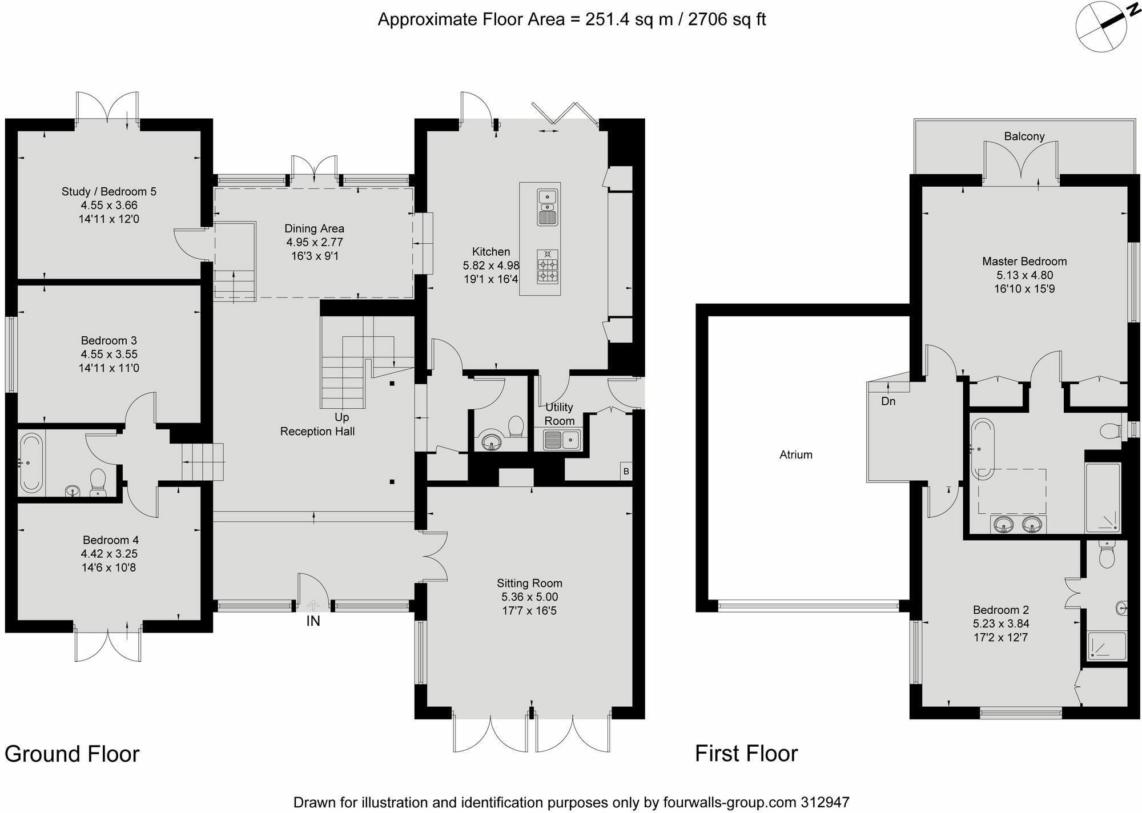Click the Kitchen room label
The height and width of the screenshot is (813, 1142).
coord(490,252)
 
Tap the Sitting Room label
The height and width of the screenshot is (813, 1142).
coord(529,583)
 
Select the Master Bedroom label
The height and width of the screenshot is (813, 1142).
coord(1024,261)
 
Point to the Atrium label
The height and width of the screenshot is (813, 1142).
coord(796,455)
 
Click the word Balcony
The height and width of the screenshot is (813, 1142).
coord(1024,136)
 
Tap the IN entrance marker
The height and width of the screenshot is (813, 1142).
coord(313,621)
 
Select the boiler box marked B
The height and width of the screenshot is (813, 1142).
coord(626,472)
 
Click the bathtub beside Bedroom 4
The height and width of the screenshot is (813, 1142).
coord(31,463)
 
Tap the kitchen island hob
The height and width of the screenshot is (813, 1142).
coord(548,267)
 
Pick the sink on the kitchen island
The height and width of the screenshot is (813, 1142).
coord(548,207)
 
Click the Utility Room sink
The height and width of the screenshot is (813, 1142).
coord(561,440)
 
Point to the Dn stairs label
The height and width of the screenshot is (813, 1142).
coord(888,401)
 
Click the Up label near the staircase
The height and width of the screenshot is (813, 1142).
coord(342,417)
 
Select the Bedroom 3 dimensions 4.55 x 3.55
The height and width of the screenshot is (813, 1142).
coord(109,355)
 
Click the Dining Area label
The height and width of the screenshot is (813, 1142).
coord(315,228)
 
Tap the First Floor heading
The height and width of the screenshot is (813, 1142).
coord(746,754)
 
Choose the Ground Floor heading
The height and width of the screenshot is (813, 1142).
coord(72,754)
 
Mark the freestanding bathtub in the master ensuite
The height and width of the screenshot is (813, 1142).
coord(983,448)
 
